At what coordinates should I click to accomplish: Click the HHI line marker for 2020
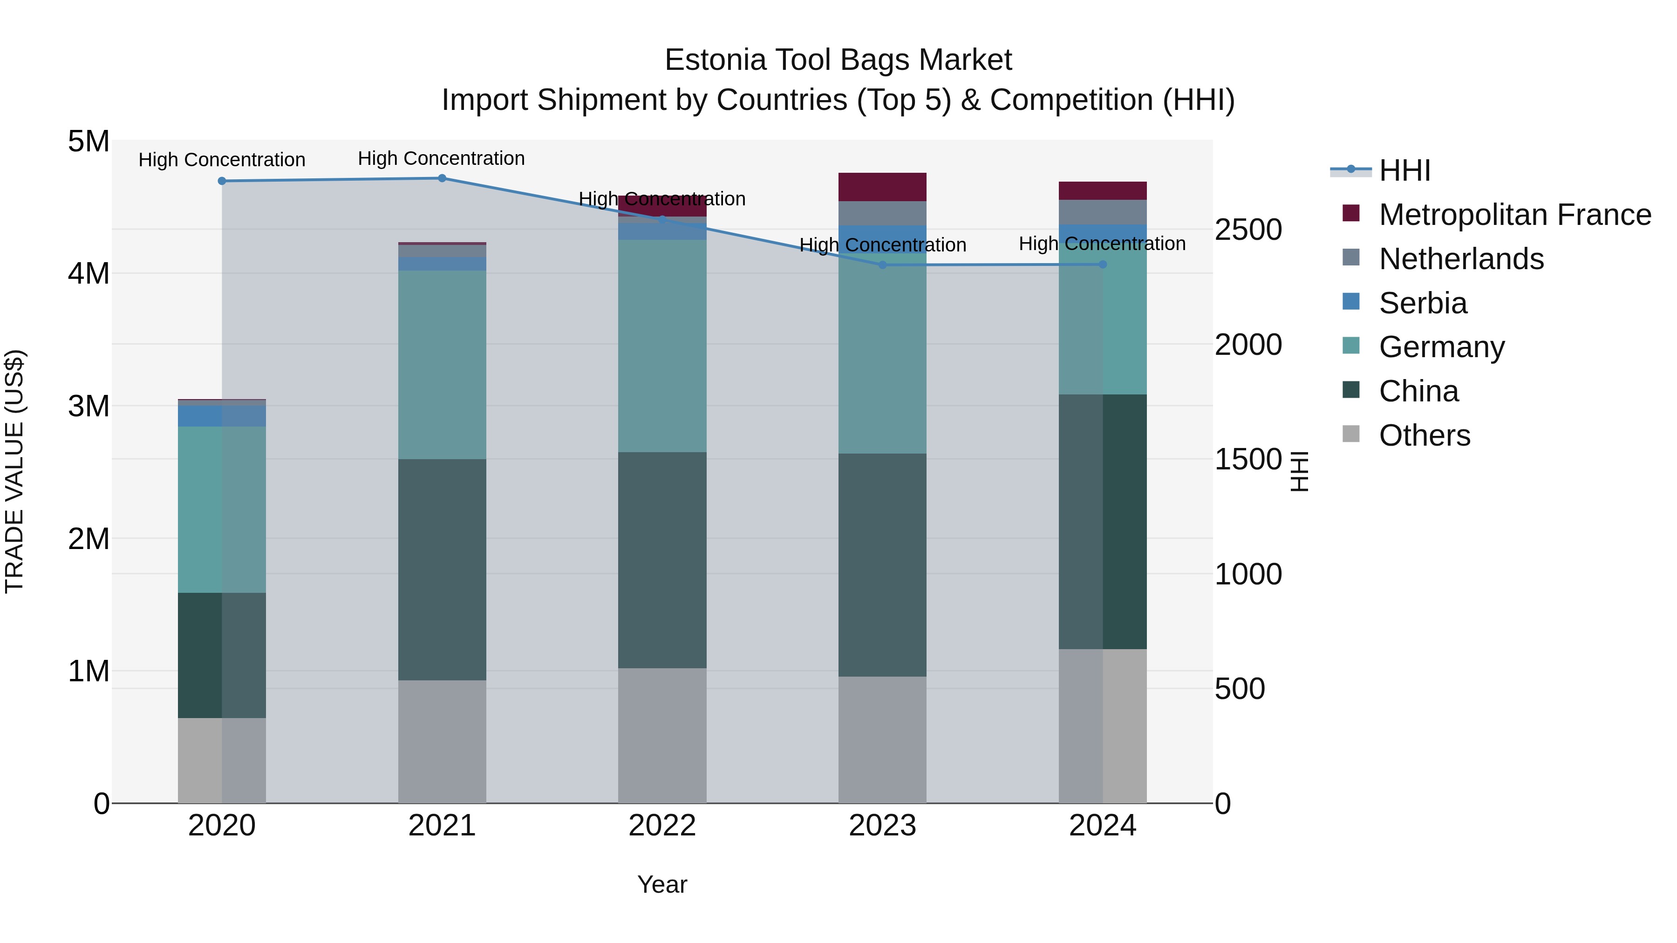[x=222, y=181]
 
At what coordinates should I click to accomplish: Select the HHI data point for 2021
[x=442, y=178]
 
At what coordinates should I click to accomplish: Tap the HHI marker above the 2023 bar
[x=883, y=265]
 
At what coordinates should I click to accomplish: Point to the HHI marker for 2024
[x=1103, y=264]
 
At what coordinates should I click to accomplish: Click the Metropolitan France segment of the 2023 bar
[x=882, y=187]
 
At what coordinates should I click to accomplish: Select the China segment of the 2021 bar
[x=442, y=570]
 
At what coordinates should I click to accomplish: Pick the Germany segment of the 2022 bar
[x=662, y=346]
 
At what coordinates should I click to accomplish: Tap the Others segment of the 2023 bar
[x=882, y=739]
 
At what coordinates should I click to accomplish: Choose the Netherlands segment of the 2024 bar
[x=1103, y=212]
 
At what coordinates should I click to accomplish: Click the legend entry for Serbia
[x=1423, y=303]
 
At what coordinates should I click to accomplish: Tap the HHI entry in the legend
[x=1404, y=170]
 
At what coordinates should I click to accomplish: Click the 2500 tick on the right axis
[x=1248, y=230]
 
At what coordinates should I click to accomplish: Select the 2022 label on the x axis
[x=662, y=826]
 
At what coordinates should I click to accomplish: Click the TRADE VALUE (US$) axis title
[x=14, y=471]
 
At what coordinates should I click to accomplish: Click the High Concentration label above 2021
[x=442, y=158]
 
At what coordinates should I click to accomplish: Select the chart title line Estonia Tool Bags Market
[x=838, y=60]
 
